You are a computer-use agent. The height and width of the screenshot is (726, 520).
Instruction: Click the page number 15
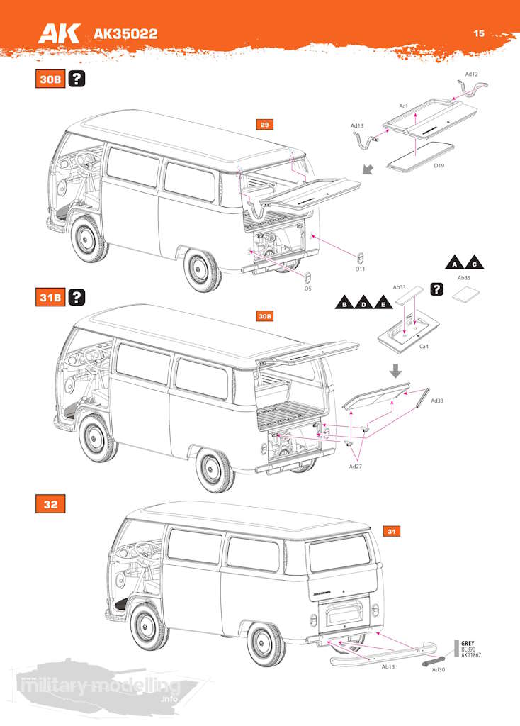click(480, 33)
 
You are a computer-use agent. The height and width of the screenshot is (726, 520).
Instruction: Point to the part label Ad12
click(472, 74)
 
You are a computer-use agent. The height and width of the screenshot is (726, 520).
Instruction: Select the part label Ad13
click(357, 126)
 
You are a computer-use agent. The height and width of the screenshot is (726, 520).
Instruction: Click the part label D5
click(308, 289)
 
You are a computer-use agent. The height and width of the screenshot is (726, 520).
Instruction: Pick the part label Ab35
click(464, 278)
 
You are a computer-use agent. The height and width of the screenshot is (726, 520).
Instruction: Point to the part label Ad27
click(356, 467)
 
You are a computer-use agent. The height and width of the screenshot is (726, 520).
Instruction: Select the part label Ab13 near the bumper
click(388, 667)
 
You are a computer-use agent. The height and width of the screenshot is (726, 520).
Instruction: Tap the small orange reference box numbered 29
click(264, 125)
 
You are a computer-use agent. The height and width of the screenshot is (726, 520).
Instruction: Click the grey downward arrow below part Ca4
click(396, 370)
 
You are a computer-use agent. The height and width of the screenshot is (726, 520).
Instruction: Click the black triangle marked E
click(383, 303)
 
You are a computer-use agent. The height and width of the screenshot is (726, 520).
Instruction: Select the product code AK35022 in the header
click(125, 34)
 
